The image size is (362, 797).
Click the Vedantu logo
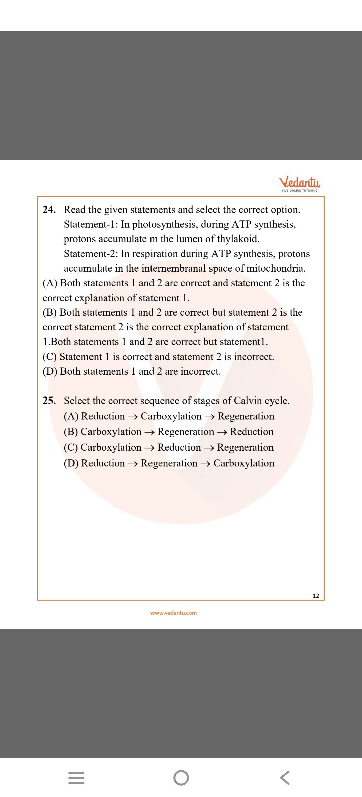pyautogui.click(x=300, y=183)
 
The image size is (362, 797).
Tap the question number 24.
pyautogui.click(x=49, y=210)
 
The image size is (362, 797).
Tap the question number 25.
pyautogui.click(x=49, y=401)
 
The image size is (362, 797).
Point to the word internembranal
pyautogui.click(x=174, y=268)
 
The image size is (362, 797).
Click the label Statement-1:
pyautogui.click(x=91, y=224)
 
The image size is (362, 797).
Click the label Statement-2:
pyautogui.click(x=91, y=254)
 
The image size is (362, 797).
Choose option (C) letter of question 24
pyautogui.click(x=50, y=357)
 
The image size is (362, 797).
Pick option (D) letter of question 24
pyautogui.click(x=50, y=371)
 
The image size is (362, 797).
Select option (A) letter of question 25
pyautogui.click(x=71, y=416)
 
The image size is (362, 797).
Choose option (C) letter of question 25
pyautogui.click(x=71, y=447)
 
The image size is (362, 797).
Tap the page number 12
pyautogui.click(x=316, y=596)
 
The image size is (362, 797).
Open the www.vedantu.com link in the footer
pyautogui.click(x=174, y=613)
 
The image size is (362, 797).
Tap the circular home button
pyautogui.click(x=181, y=778)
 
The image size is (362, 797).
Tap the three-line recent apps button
pyautogui.click(x=76, y=778)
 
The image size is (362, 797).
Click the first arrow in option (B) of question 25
pyautogui.click(x=149, y=432)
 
